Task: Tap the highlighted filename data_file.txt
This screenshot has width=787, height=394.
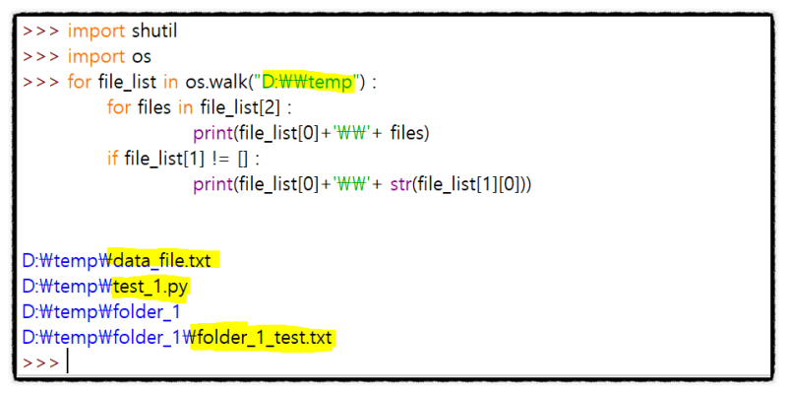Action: pyautogui.click(x=164, y=261)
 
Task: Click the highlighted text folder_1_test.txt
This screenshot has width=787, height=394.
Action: pyautogui.click(x=262, y=338)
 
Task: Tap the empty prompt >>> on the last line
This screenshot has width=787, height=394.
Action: pyautogui.click(x=40, y=363)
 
